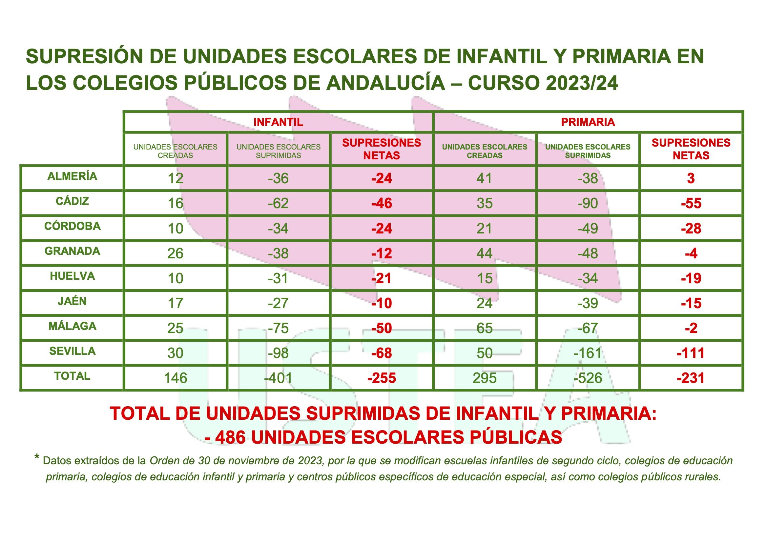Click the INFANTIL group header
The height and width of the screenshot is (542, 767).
pyautogui.click(x=278, y=122)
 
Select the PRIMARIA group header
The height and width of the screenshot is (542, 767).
pyautogui.click(x=588, y=122)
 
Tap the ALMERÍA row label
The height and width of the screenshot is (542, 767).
pyautogui.click(x=72, y=176)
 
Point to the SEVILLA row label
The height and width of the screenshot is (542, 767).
pyautogui.click(x=73, y=351)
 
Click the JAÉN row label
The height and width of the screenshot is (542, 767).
pyautogui.click(x=73, y=301)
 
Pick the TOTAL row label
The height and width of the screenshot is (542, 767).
pyautogui.click(x=73, y=376)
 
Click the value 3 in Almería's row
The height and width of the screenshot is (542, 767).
pyautogui.click(x=691, y=178)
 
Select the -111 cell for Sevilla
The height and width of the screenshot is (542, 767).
pyautogui.click(x=691, y=353)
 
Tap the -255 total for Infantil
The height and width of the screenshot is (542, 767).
pyautogui.click(x=382, y=378)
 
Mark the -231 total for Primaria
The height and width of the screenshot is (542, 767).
pyautogui.click(x=691, y=378)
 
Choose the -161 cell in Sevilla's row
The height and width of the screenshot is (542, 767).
pyautogui.click(x=588, y=353)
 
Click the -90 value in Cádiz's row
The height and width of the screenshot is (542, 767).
pyautogui.click(x=588, y=203)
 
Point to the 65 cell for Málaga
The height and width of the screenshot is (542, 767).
pyautogui.click(x=485, y=328)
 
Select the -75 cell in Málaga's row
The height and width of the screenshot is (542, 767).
pyautogui.click(x=278, y=328)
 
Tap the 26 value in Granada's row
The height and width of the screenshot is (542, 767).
pyautogui.click(x=176, y=253)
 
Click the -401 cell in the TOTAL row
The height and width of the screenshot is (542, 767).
pyautogui.click(x=278, y=378)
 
